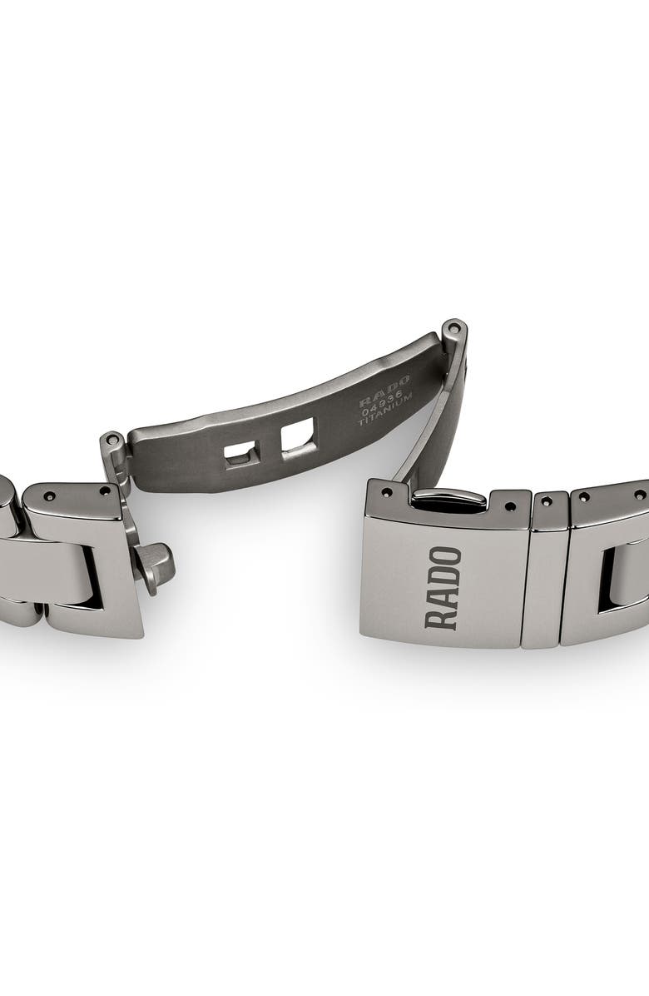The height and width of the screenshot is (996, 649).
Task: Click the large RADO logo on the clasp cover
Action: [443, 587]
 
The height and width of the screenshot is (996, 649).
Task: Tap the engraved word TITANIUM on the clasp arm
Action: [385, 411]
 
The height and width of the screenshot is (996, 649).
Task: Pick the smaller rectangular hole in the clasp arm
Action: [241, 453]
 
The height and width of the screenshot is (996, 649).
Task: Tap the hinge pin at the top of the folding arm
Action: [452, 326]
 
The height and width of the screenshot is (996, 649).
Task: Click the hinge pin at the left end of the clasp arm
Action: [112, 440]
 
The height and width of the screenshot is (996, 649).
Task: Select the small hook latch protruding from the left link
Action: [156, 566]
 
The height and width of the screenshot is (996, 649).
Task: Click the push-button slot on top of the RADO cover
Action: [449, 499]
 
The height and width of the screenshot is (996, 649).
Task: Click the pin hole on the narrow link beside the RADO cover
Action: [547, 502]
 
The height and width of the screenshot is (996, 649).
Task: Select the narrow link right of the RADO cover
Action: [545, 575]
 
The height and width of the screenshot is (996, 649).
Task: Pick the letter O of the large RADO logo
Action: [443, 555]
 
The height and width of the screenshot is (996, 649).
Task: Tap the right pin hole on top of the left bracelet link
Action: [105, 491]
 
